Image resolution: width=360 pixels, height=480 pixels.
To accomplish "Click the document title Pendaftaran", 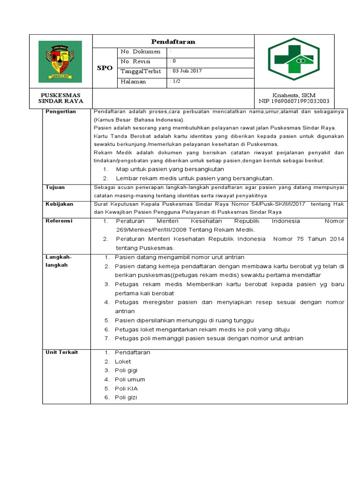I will click(x=173, y=42).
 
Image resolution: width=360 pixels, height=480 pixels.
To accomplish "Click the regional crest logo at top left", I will click(x=60, y=61).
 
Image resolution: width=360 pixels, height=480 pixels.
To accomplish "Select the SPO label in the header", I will click(x=105, y=68).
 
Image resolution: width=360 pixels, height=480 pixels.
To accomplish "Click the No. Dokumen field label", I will click(x=140, y=52).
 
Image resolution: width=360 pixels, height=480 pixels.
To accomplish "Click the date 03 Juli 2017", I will click(x=187, y=71).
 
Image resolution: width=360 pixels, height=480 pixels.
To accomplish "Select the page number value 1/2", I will click(x=176, y=82).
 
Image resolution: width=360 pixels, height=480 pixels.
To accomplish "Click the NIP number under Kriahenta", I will click(x=294, y=101).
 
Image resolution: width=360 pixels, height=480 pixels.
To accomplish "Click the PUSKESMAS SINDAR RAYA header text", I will click(x=60, y=98).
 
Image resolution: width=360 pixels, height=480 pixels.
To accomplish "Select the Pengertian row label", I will click(x=61, y=112).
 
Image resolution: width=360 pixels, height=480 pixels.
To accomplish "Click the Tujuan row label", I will click(x=55, y=187).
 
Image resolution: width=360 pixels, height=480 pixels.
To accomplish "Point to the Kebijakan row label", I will click(x=58, y=204).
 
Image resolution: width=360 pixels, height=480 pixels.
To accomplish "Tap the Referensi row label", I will click(x=59, y=221).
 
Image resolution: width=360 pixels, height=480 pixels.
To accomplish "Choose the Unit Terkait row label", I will click(x=61, y=352).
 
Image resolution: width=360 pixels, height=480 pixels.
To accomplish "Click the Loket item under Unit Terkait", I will click(x=123, y=361).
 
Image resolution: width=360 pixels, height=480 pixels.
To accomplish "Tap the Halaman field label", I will click(x=133, y=82).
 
